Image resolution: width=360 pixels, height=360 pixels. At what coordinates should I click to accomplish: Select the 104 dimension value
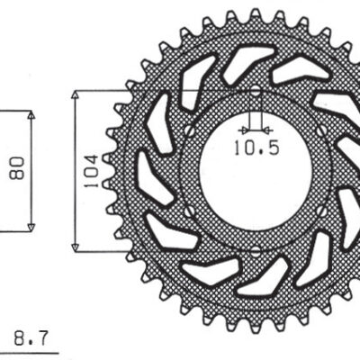pyautogui.click(x=91, y=170)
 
